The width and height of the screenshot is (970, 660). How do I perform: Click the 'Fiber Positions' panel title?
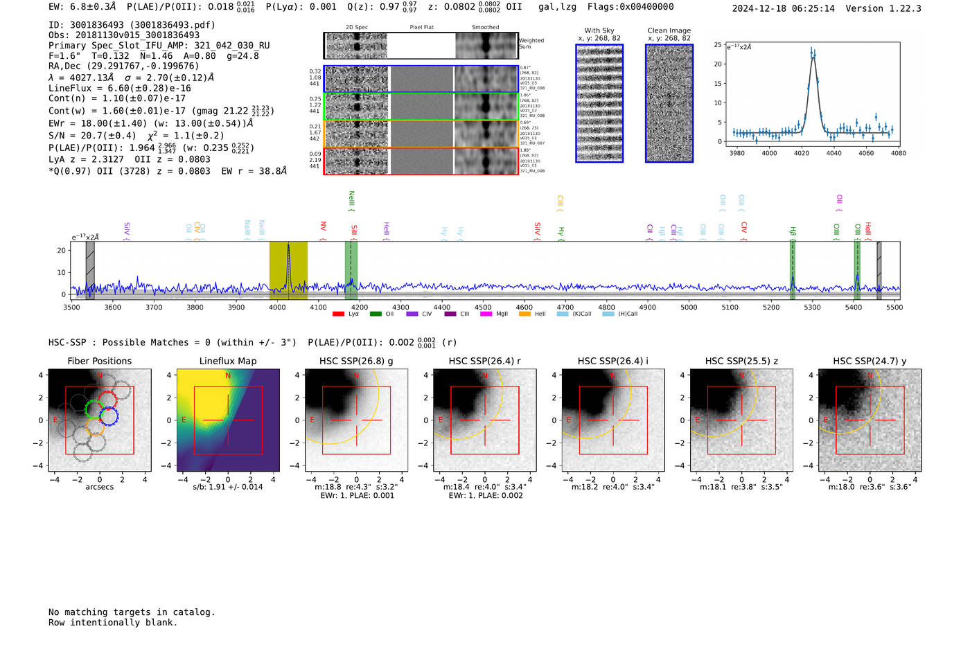(x=99, y=361)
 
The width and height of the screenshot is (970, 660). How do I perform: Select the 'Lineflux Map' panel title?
(x=228, y=361)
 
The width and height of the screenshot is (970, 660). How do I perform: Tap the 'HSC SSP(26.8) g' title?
(x=356, y=361)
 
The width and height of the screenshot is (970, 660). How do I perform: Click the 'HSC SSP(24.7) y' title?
(x=870, y=361)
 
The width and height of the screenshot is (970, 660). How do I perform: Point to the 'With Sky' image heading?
(x=599, y=30)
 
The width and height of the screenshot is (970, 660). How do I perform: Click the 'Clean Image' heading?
(x=669, y=30)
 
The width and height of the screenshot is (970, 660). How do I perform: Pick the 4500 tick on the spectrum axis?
(x=483, y=307)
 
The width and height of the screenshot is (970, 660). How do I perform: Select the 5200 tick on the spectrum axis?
(x=771, y=307)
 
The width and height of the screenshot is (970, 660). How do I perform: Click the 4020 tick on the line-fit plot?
(x=802, y=153)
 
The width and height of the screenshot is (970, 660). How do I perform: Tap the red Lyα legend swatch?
(x=338, y=314)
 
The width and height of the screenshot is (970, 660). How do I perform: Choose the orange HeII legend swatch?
(x=524, y=314)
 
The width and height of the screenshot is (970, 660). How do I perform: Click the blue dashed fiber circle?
(x=109, y=416)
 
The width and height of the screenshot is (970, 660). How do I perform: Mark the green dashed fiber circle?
(x=94, y=409)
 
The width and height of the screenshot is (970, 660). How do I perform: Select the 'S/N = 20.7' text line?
(x=136, y=136)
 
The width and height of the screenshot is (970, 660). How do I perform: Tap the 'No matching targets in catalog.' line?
(x=132, y=612)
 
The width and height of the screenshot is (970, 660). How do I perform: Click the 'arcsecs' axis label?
(x=99, y=487)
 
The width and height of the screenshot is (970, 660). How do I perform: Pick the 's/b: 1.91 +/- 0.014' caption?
(x=228, y=487)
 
